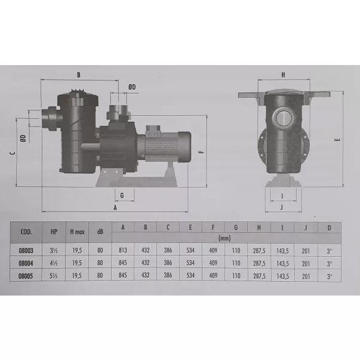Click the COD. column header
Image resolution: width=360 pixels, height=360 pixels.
pyautogui.click(x=26, y=232)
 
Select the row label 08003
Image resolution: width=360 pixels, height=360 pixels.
pyautogui.click(x=26, y=251)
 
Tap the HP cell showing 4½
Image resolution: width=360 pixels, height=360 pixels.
pyautogui.click(x=54, y=263)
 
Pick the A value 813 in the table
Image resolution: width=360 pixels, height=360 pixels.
pyautogui.click(x=123, y=250)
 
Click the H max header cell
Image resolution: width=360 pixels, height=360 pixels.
pyautogui.click(x=77, y=232)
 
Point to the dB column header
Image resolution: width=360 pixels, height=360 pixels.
pyautogui.click(x=100, y=232)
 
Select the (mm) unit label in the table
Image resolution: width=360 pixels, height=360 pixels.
pyautogui.click(x=224, y=238)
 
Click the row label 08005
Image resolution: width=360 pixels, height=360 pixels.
pyautogui.click(x=26, y=276)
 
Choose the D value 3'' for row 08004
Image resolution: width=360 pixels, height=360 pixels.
pyautogui.click(x=330, y=264)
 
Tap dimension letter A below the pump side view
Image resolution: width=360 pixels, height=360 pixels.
pyautogui.click(x=115, y=208)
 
